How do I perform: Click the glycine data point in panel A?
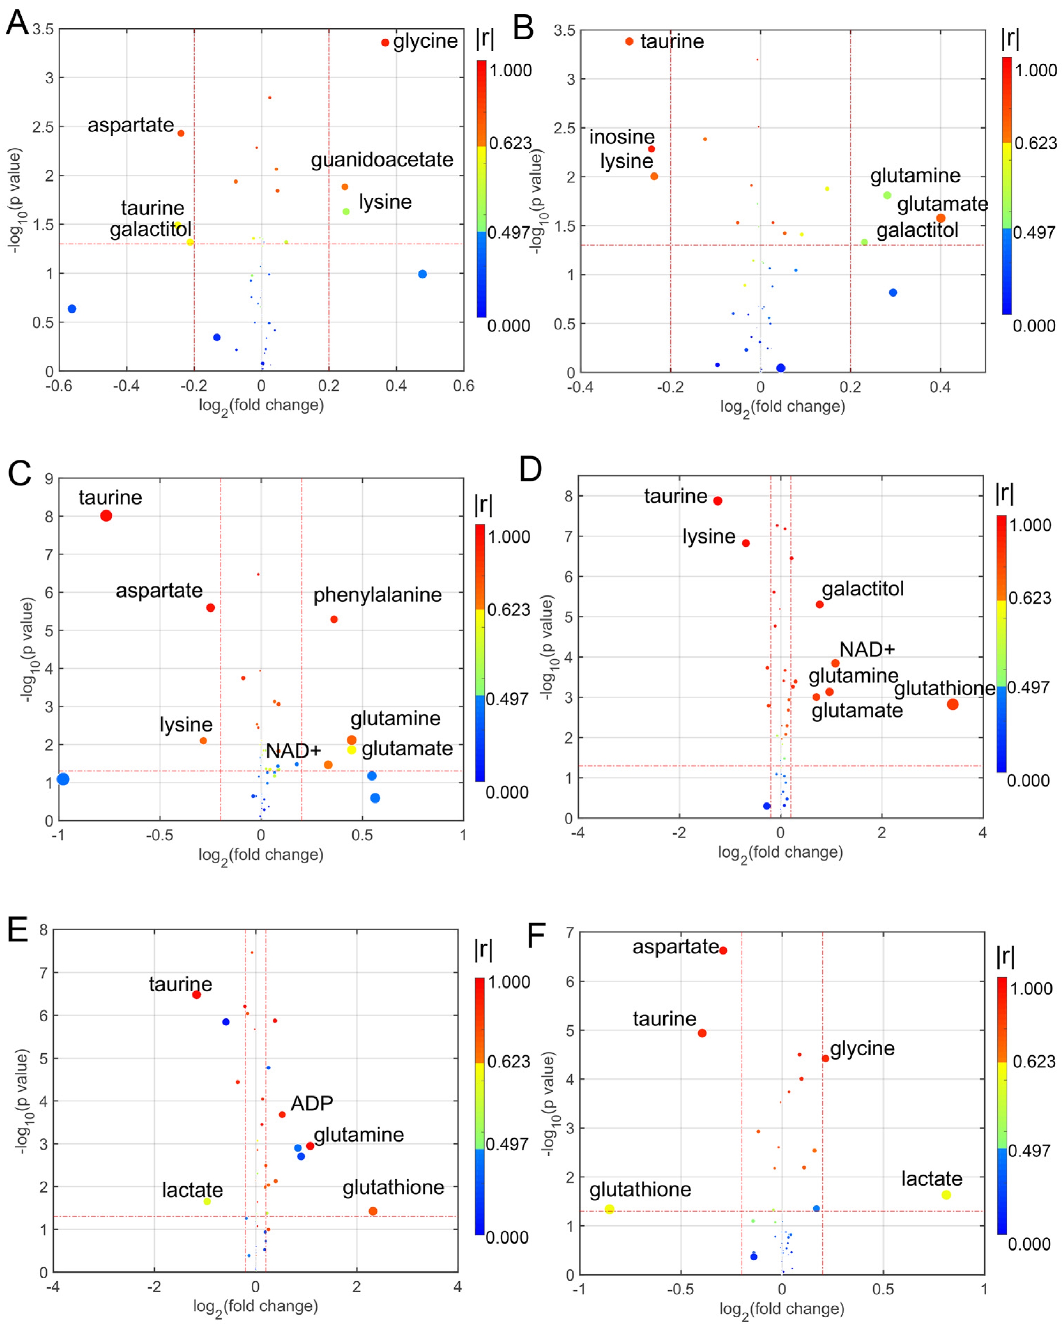coord(385,43)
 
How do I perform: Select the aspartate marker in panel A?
coord(181,133)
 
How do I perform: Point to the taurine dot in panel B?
coord(629,41)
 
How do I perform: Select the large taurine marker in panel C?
coord(106,516)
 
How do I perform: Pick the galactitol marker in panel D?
coord(819,605)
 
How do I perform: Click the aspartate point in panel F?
coord(723,951)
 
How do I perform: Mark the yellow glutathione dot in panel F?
coord(609,1209)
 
